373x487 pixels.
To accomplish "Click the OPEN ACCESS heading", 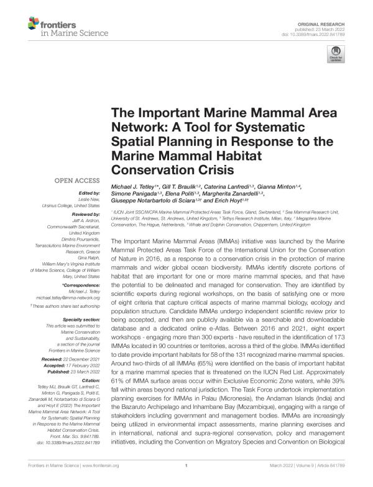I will [x=75, y=184].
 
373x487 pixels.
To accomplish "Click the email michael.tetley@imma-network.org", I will [x=67, y=297].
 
